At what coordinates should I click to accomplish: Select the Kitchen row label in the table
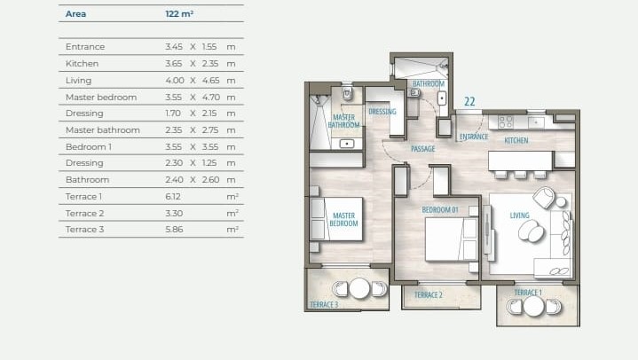coord(82,63)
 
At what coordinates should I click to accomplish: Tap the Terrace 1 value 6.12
coord(174,196)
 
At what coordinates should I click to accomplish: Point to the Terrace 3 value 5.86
coord(174,229)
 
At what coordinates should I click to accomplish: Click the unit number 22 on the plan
coord(469,101)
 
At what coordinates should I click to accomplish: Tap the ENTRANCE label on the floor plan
coord(474,137)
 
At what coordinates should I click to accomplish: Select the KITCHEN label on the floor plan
coord(516,140)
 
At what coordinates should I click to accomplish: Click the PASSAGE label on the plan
coord(422,149)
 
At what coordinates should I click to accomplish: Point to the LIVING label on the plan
coord(520,215)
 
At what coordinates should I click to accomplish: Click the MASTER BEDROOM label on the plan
coord(344,219)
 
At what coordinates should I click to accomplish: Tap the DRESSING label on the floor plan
coord(382,112)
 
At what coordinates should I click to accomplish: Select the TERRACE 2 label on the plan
coord(428,294)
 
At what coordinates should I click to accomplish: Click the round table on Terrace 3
coord(359,288)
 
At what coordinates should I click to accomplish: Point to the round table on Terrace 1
coord(533,306)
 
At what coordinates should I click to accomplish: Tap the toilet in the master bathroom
coord(347,93)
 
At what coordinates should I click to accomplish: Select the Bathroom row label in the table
coord(87,179)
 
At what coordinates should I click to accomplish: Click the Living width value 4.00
coord(174,80)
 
